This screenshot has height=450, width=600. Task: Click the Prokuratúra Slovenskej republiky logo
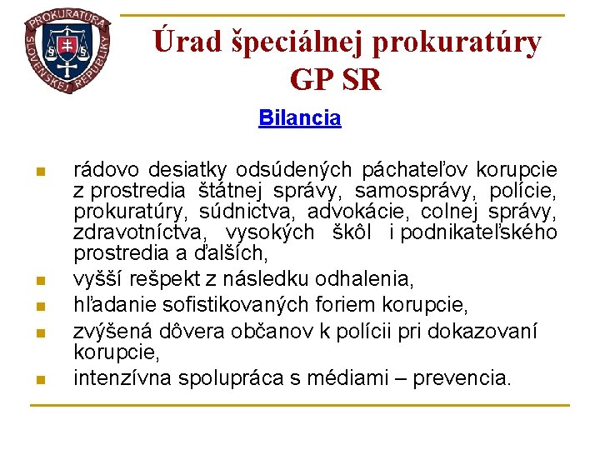67,50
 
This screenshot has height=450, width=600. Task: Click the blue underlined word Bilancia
300,117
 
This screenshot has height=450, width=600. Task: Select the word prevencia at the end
462,377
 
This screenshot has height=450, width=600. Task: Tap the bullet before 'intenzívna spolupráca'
38,379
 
